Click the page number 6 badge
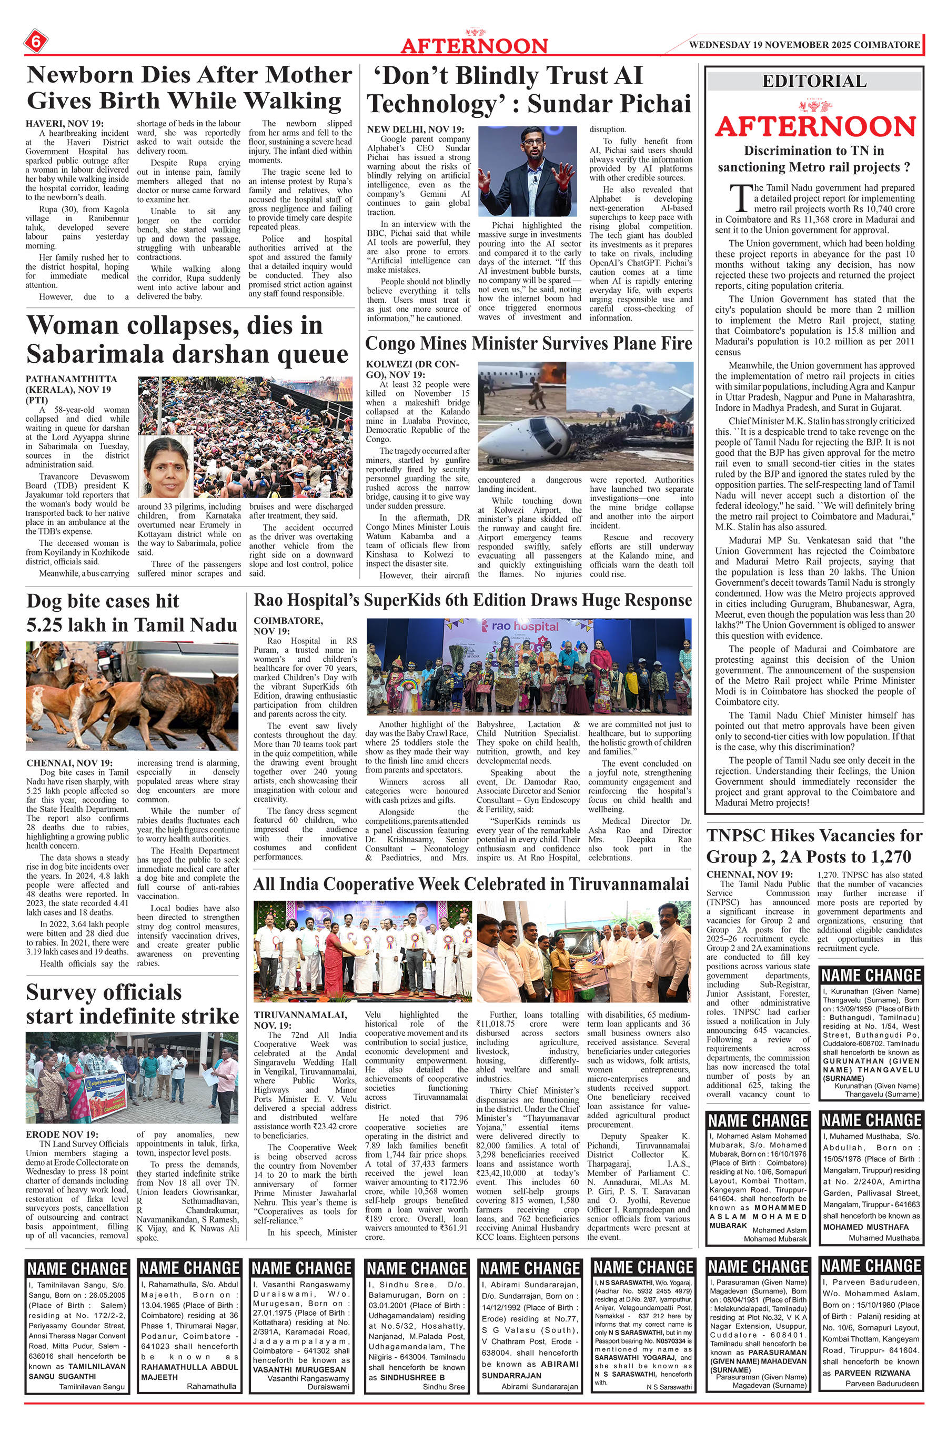[x=36, y=43]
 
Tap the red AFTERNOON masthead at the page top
[x=474, y=46]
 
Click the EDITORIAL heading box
[x=814, y=81]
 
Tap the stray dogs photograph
[x=132, y=696]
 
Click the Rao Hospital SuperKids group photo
[x=529, y=667]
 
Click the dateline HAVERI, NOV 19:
[x=64, y=124]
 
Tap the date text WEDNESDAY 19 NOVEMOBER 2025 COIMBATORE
[x=804, y=45]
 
